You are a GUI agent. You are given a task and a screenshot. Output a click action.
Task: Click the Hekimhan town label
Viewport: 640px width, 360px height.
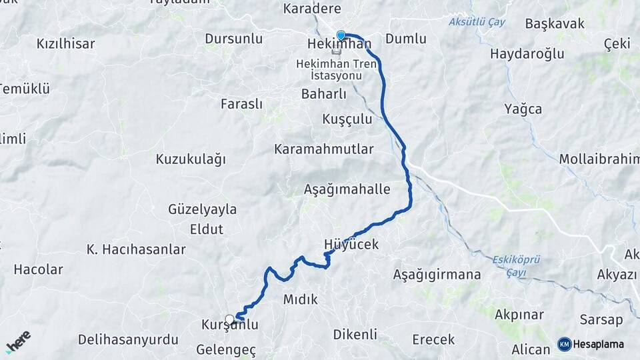(339, 44)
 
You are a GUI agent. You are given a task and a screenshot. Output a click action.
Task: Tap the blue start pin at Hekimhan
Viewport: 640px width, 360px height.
(341, 35)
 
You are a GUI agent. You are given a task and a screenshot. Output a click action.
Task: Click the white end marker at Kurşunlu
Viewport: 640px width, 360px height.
(230, 319)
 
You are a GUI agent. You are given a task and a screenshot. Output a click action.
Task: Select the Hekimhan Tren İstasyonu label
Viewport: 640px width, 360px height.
(339, 69)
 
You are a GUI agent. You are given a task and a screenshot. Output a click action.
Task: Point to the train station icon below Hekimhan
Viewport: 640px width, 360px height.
(339, 52)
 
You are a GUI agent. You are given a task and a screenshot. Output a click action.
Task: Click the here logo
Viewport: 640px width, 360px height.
(18, 341)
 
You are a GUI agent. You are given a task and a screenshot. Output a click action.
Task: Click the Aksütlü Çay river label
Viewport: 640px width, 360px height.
(477, 22)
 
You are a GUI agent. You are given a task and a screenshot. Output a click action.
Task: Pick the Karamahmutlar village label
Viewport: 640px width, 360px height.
(324, 149)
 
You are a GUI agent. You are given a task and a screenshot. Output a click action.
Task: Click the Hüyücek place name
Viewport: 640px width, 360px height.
(351, 245)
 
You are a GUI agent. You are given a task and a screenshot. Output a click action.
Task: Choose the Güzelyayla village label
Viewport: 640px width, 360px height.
(203, 209)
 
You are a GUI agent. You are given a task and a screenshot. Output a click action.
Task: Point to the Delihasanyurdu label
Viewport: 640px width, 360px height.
(128, 339)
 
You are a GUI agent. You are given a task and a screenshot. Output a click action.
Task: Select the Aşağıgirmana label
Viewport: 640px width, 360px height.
(437, 274)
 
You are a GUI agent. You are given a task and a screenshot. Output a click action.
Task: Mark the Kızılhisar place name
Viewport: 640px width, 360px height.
(66, 44)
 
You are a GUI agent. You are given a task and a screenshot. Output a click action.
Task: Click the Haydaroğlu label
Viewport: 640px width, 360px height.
(527, 53)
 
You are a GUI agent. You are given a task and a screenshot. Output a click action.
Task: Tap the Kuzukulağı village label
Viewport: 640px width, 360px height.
(191, 159)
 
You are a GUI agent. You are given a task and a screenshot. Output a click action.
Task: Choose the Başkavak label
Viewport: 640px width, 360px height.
(555, 23)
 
